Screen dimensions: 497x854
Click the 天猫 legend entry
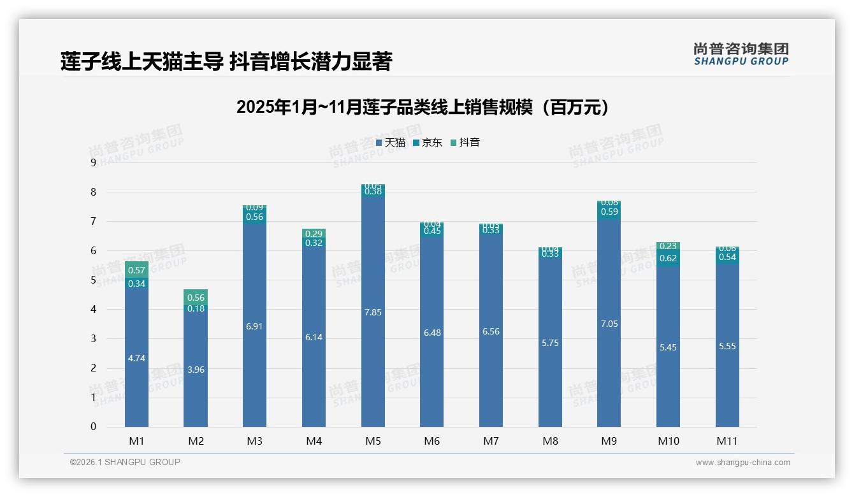click(391, 143)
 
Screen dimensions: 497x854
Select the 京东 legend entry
click(428, 143)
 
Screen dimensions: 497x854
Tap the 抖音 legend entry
click(465, 143)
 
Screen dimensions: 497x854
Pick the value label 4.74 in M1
click(136, 358)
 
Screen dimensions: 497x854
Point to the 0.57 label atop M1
click(136, 270)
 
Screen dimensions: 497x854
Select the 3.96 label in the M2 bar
click(196, 370)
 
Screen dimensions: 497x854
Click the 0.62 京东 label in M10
click(668, 258)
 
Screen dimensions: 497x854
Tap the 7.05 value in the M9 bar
click(609, 324)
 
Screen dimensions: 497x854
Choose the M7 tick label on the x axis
click(491, 441)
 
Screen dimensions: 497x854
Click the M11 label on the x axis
click(727, 441)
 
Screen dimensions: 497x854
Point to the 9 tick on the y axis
click(93, 162)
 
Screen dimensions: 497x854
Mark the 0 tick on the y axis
click(93, 427)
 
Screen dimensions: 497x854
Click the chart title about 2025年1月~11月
click(423, 107)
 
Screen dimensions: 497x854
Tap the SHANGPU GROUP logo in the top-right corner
click(741, 54)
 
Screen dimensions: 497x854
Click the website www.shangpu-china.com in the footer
click(742, 463)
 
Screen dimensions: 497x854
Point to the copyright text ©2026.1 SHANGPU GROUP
click(125, 462)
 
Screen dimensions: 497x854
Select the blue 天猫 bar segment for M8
click(550, 344)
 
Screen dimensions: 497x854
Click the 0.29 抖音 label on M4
click(314, 234)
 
